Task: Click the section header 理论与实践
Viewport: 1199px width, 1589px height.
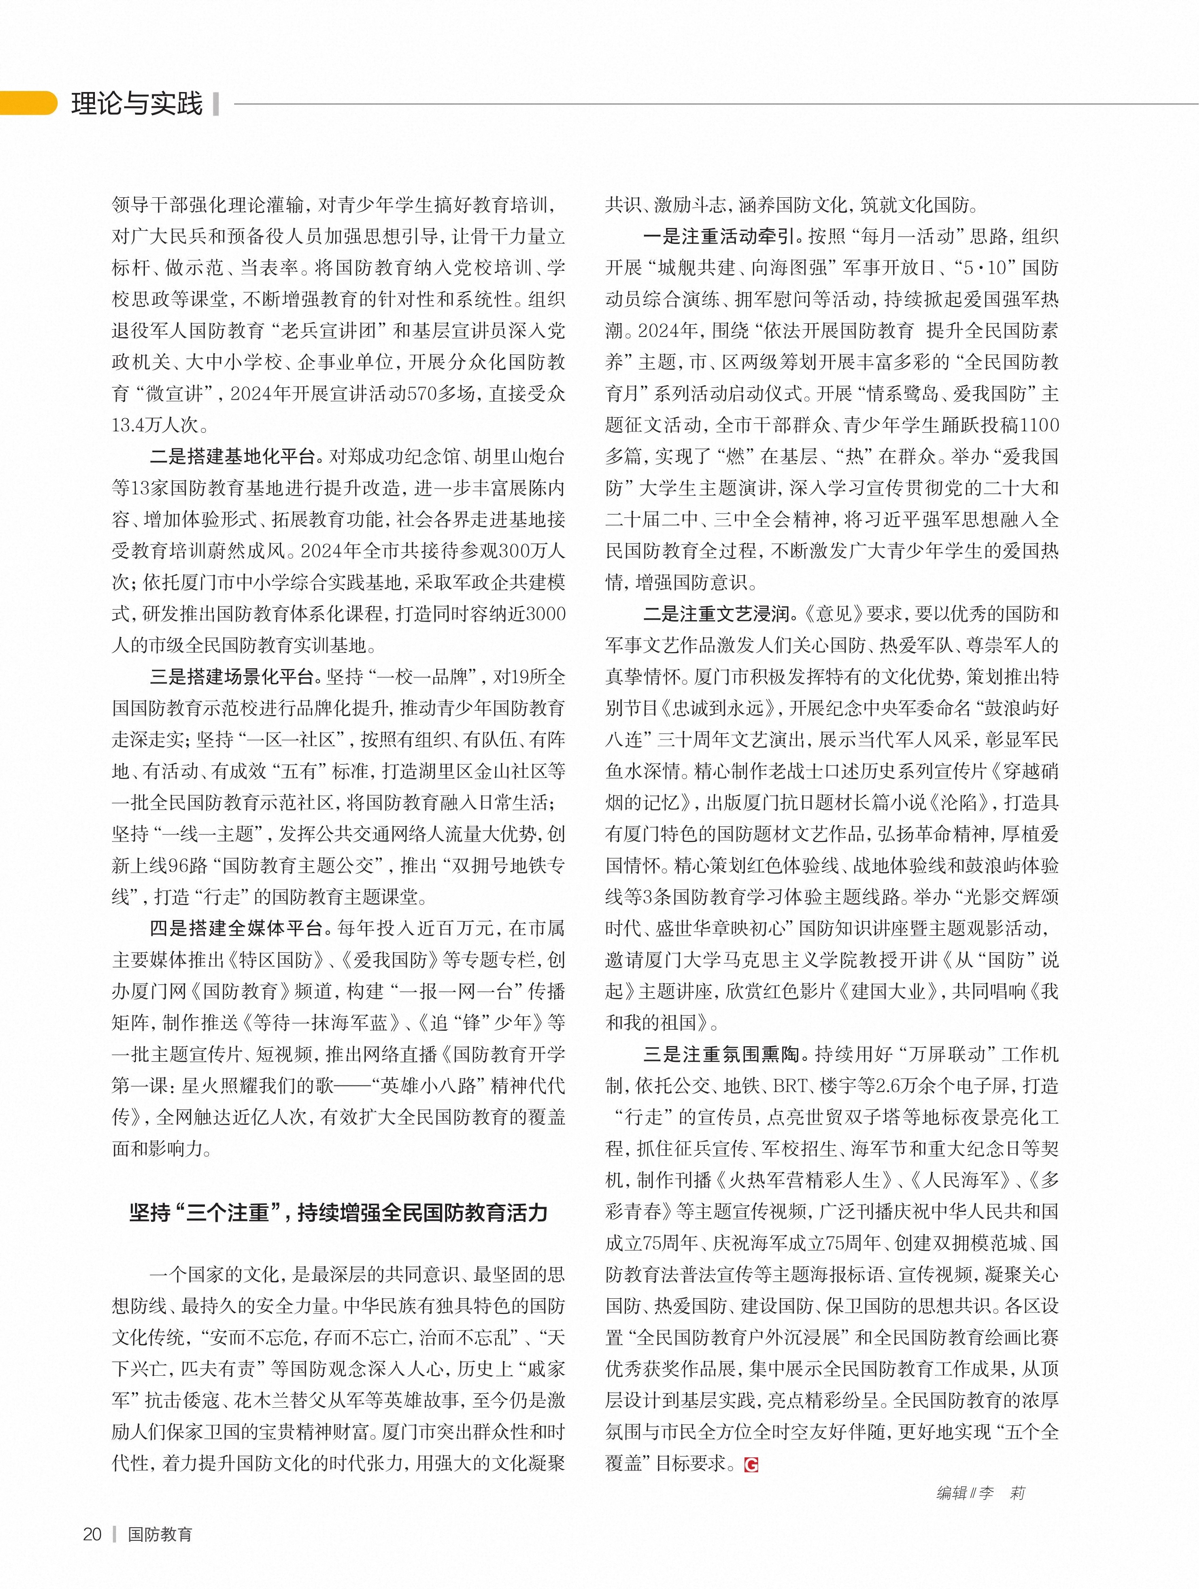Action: point(136,104)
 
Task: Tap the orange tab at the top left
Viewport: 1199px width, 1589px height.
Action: point(27,103)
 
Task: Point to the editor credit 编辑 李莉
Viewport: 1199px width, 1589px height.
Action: point(980,1493)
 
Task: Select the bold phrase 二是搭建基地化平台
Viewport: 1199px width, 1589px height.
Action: point(233,456)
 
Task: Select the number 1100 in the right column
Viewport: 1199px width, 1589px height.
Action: point(1039,425)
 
